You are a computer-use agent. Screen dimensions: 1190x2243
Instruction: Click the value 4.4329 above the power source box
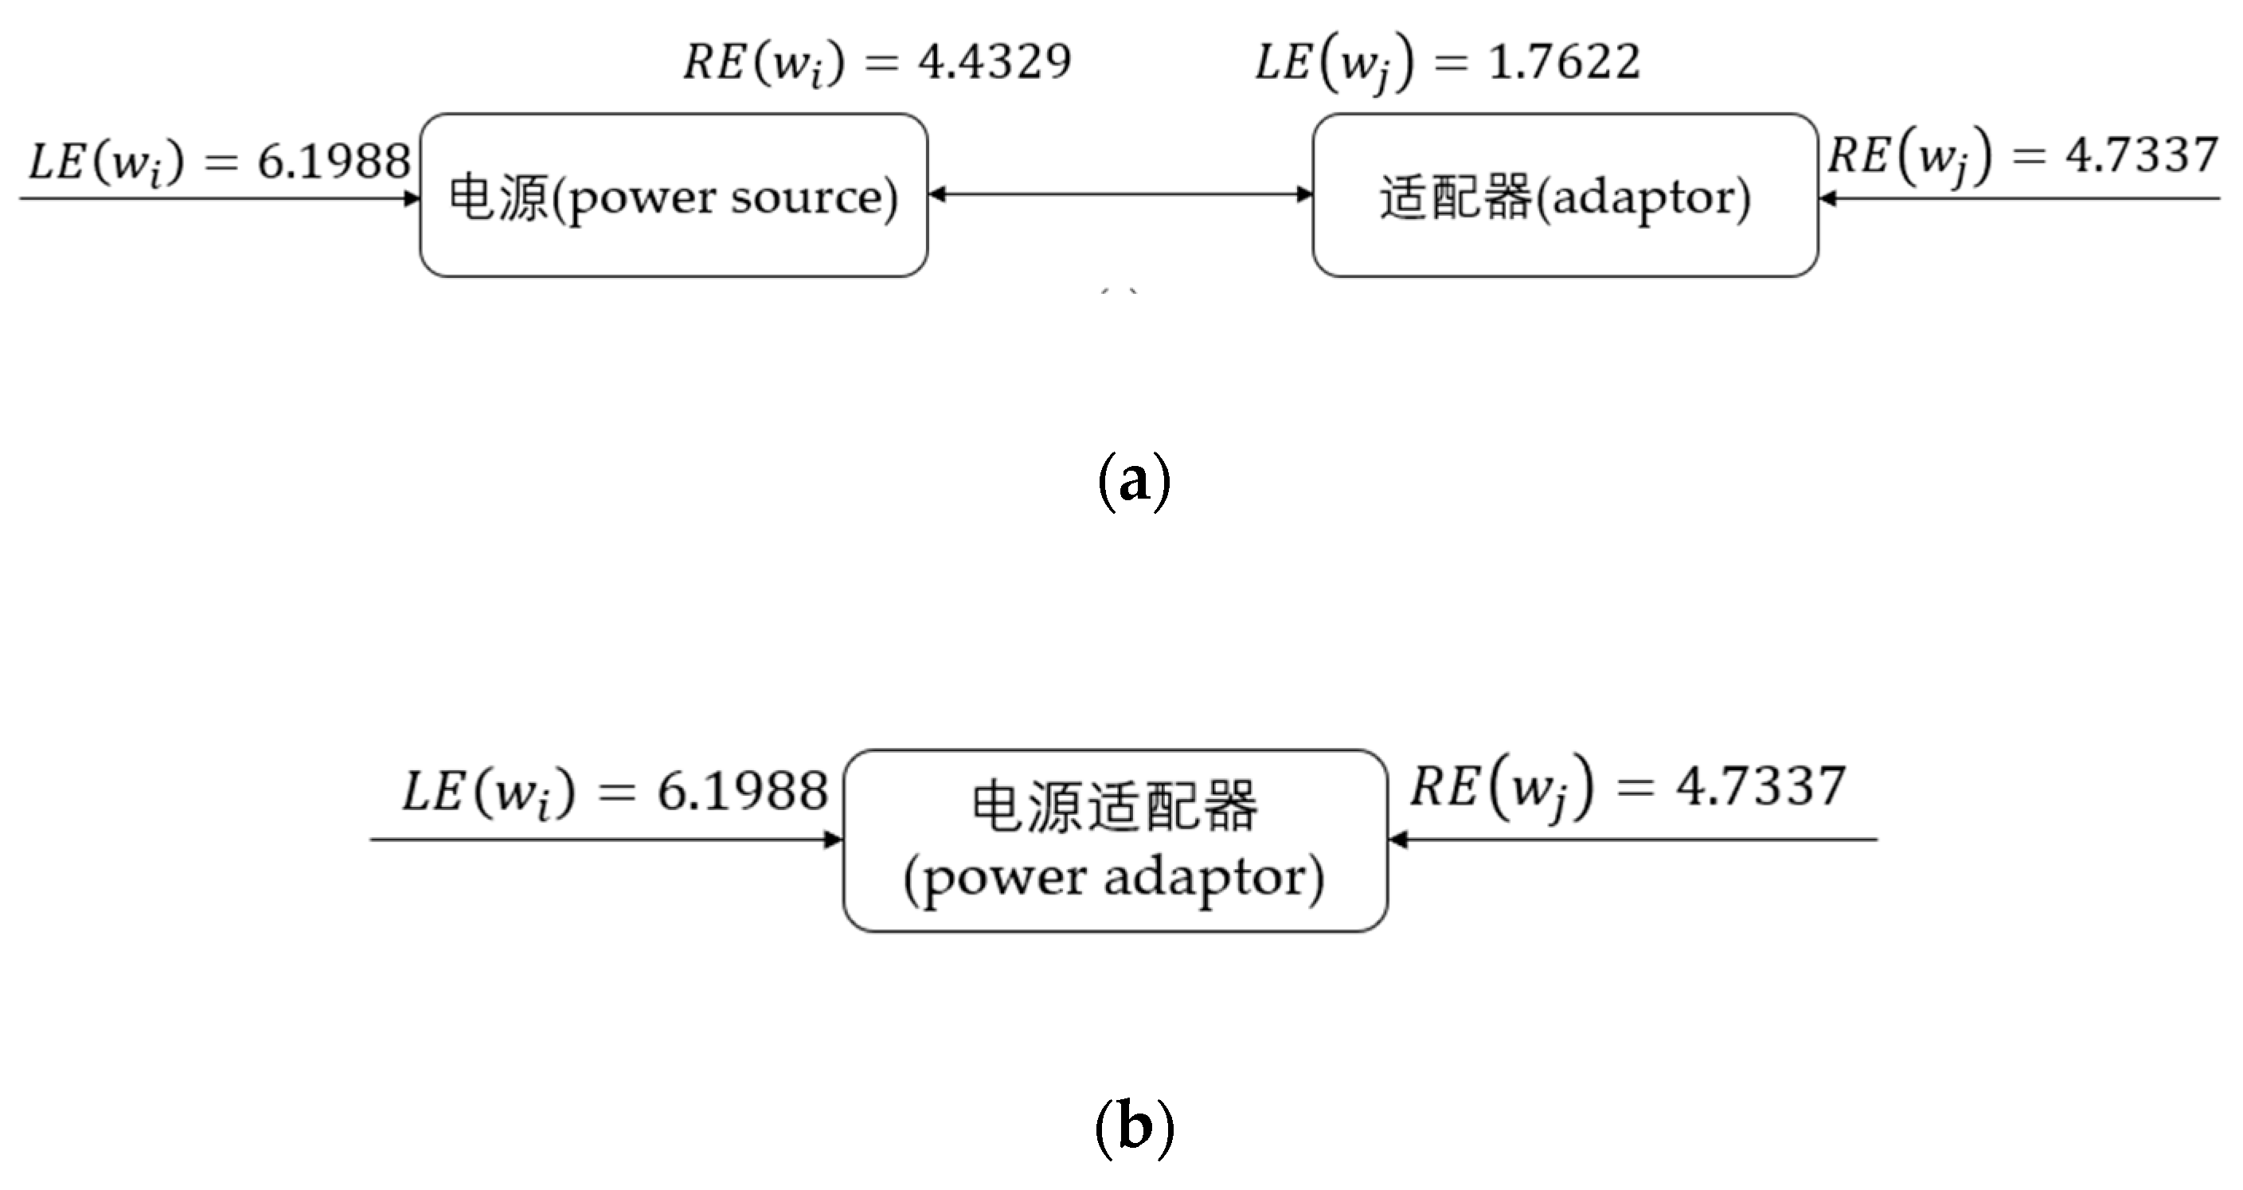click(994, 62)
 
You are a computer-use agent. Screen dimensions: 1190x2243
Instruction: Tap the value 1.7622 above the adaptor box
click(1564, 62)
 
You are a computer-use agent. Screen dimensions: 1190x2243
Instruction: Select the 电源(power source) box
click(673, 195)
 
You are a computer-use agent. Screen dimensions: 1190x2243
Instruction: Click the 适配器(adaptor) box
click(1565, 195)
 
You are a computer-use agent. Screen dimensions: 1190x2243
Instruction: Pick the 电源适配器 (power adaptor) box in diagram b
click(1115, 840)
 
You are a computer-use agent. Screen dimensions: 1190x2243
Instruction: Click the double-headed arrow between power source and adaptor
click(1120, 194)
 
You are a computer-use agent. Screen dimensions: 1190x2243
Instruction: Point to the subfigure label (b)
click(1134, 1127)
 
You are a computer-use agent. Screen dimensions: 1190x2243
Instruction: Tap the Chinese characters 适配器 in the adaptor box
click(1454, 197)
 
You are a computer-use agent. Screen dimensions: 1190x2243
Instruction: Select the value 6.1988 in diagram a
click(334, 161)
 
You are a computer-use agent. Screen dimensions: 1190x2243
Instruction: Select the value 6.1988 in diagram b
click(742, 791)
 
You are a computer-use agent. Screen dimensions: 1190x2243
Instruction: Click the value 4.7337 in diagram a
click(2140, 155)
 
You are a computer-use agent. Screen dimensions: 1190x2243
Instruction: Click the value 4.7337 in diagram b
click(1760, 786)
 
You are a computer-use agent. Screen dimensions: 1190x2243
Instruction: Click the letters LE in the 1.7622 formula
click(1283, 62)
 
